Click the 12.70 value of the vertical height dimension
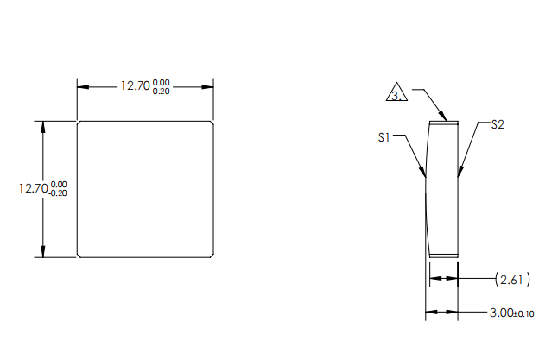(34, 188)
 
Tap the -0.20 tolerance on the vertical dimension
(60, 193)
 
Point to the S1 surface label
(385, 136)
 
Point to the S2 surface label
(497, 124)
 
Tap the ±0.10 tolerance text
(523, 313)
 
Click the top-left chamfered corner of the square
(79, 123)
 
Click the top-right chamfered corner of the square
(212, 123)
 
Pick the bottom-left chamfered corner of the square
(79, 255)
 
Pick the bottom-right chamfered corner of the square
(212, 255)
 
